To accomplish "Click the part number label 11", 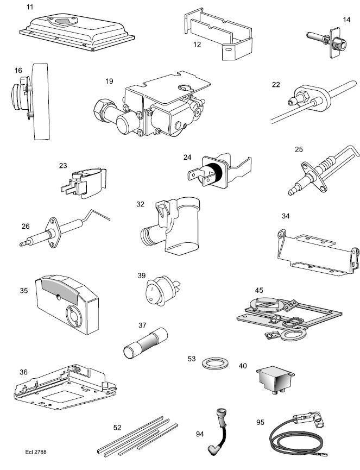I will point(30,8).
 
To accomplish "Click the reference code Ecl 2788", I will point(37,452).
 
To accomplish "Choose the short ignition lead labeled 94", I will point(218,435).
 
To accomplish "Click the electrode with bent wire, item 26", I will point(60,231).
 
